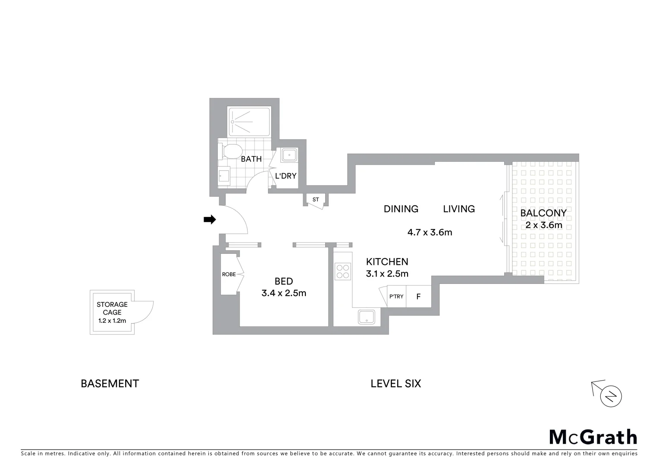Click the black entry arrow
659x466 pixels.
coord(210,220)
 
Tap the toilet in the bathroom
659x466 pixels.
coord(232,151)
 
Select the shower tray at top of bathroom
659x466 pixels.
coord(249,122)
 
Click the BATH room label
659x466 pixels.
coord(251,159)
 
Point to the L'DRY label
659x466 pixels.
coord(286,176)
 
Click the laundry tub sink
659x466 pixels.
coord(289,155)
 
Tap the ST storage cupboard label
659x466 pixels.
coord(316,200)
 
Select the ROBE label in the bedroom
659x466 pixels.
coord(229,274)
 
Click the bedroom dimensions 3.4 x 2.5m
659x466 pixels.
coord(284,293)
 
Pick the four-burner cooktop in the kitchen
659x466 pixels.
coord(343,272)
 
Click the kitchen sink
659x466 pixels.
coord(366,317)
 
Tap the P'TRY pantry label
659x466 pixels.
coord(396,297)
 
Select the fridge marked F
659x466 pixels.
coord(418,297)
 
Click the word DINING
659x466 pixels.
coord(401,209)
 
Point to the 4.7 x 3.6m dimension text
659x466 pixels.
coord(430,233)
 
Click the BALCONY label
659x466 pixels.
coord(543,213)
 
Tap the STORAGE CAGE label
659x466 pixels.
coord(112,309)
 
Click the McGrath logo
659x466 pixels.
coord(593,437)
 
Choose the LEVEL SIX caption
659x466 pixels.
coord(395,384)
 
